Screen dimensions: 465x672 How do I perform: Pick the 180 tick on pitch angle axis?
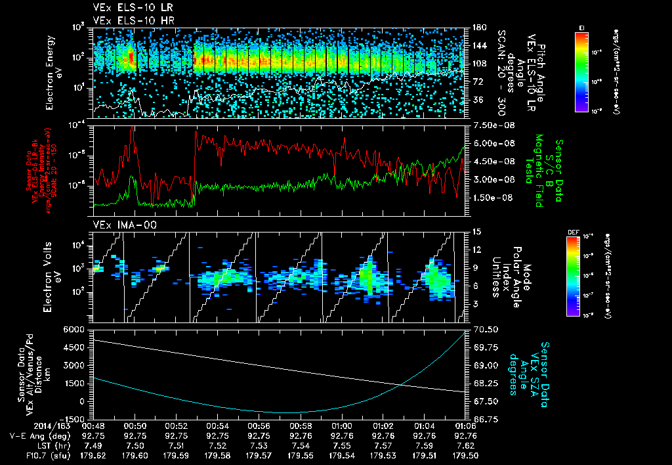point(477,27)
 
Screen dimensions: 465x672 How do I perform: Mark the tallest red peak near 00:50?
point(132,129)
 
